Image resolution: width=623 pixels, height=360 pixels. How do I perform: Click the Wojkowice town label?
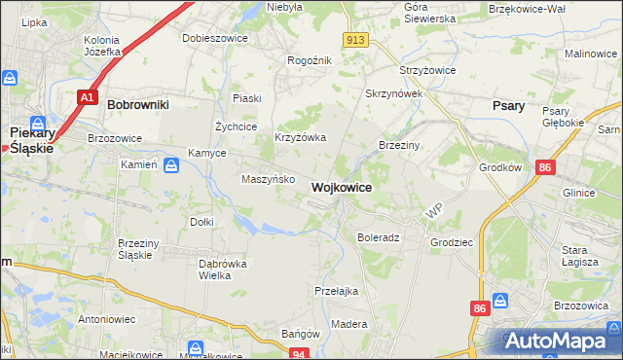click(x=341, y=186)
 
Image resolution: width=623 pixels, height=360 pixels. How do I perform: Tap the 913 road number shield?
click(x=355, y=39)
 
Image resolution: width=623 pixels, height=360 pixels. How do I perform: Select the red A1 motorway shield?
click(x=87, y=97)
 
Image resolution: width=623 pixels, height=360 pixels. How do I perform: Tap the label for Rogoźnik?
click(x=310, y=60)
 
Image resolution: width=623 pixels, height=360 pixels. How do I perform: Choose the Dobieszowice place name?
click(x=215, y=38)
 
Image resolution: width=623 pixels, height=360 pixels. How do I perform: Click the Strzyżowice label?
click(x=429, y=71)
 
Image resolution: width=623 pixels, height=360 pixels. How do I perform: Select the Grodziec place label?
click(x=450, y=237)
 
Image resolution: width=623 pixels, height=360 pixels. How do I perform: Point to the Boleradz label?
click(x=379, y=237)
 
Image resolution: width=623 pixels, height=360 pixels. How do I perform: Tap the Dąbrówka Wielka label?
click(x=222, y=270)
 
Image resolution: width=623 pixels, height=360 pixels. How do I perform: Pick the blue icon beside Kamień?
click(x=171, y=165)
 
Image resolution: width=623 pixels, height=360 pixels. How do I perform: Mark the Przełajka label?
click(x=337, y=291)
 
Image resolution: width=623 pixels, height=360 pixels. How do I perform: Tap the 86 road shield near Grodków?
click(x=545, y=168)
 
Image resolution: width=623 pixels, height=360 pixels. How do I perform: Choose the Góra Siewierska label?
click(x=429, y=13)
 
